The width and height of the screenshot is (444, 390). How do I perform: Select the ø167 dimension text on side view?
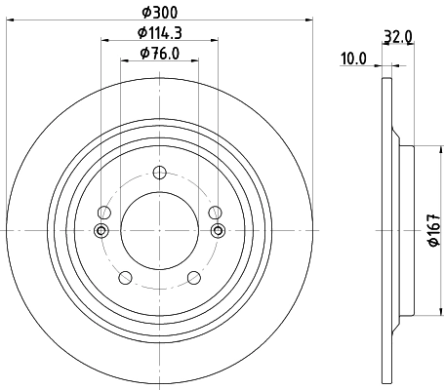tap(434, 231)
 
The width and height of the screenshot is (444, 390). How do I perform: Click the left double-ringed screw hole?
tap(100, 230)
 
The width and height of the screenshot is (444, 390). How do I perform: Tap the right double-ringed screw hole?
tap(219, 230)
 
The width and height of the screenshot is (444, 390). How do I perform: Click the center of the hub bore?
tap(159, 230)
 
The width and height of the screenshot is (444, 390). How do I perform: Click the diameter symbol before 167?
tap(434, 246)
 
